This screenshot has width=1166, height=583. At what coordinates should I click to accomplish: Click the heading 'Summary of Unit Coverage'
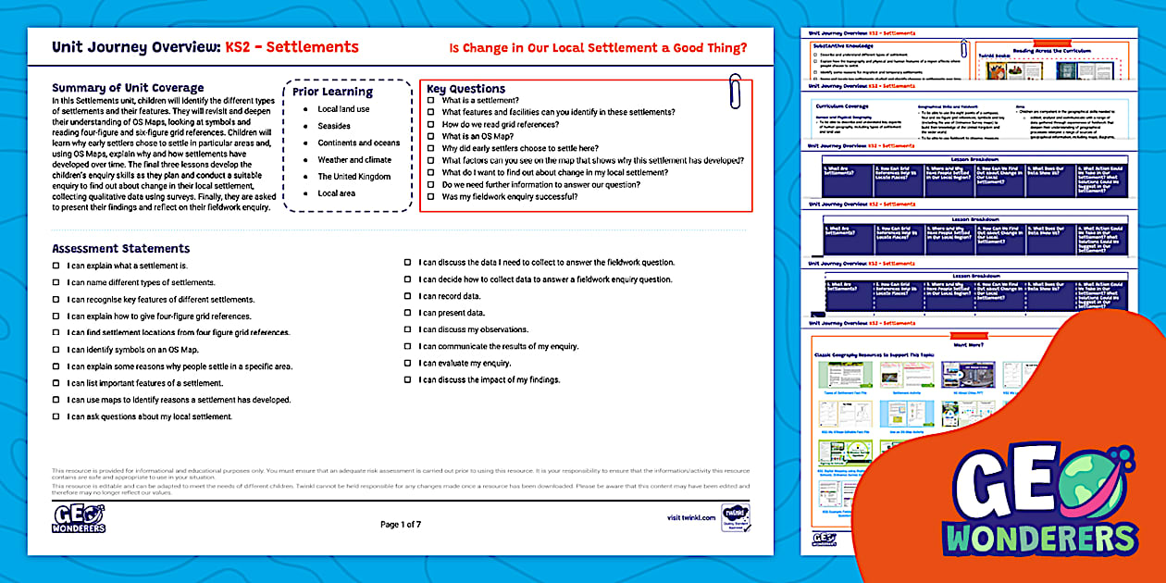pyautogui.click(x=128, y=88)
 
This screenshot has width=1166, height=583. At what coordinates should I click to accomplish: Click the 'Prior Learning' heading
pyautogui.click(x=332, y=92)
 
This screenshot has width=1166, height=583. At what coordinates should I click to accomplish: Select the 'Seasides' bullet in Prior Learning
pyautogui.click(x=334, y=126)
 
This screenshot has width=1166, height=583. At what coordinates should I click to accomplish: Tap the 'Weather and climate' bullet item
pyautogui.click(x=354, y=160)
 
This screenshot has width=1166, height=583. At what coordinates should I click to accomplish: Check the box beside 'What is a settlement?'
pyautogui.click(x=430, y=101)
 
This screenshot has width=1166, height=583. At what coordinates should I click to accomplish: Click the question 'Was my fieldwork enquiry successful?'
pyautogui.click(x=510, y=197)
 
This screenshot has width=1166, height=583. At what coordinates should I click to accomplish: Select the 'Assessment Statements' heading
pyautogui.click(x=120, y=248)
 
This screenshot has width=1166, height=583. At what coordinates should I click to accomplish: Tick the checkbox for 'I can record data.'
pyautogui.click(x=407, y=296)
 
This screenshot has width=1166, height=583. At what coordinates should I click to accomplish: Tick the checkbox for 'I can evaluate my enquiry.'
pyautogui.click(x=407, y=364)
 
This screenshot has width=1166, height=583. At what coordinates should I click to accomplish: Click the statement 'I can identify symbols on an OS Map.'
pyautogui.click(x=132, y=350)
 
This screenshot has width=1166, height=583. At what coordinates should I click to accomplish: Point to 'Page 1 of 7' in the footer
pyautogui.click(x=401, y=525)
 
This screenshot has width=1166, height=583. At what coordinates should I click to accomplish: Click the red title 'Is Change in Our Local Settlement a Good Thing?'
pyautogui.click(x=598, y=48)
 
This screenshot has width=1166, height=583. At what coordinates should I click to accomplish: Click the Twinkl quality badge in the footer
pyautogui.click(x=736, y=517)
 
